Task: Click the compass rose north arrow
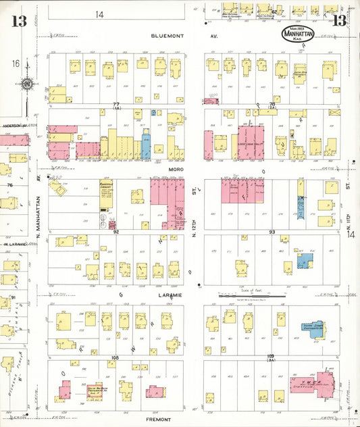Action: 26,84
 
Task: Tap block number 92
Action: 116,232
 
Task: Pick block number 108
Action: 115,356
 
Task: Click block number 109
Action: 271,356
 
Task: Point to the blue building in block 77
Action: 145,146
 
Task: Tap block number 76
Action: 9,184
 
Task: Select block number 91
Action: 11,297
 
